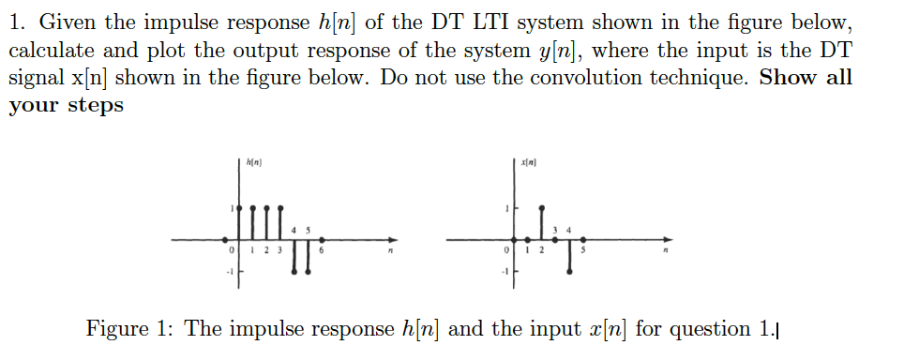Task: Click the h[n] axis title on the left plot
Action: [x=253, y=163]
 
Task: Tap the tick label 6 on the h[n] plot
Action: [x=322, y=251]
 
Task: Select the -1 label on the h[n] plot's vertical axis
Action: [x=226, y=272]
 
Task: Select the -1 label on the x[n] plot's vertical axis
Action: [x=504, y=272]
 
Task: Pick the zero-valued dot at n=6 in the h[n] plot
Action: [x=322, y=239]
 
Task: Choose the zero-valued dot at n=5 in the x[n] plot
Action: [x=585, y=239]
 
